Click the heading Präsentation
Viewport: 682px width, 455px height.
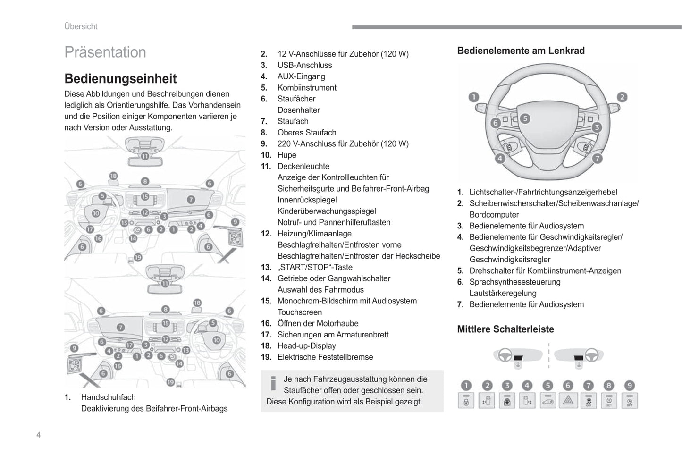coord(105,52)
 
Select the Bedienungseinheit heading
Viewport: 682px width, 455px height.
coord(120,78)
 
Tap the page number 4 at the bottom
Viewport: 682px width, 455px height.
coord(38,435)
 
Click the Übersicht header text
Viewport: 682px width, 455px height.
coord(81,26)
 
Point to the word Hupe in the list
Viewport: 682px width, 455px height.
coord(286,155)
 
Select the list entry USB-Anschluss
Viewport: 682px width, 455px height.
coord(304,65)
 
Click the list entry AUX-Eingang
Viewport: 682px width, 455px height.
coord(301,76)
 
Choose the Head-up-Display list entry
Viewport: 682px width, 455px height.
coord(306,346)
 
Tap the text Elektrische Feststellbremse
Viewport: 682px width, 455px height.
coord(325,357)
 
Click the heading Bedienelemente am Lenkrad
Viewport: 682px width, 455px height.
coord(521,51)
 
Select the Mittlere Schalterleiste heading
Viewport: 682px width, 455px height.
coord(505,329)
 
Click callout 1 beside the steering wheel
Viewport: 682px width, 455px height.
coord(473,97)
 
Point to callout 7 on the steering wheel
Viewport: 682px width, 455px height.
coord(597,159)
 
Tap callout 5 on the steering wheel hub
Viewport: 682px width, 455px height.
coord(525,118)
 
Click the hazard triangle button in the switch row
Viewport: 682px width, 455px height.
coord(568,401)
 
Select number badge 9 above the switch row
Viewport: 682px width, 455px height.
coord(629,386)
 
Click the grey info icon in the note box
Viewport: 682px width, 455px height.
coord(273,383)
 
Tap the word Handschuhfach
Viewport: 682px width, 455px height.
coord(108,397)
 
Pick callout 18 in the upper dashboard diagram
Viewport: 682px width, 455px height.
coord(113,176)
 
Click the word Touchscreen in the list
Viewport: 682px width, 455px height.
coord(299,312)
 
